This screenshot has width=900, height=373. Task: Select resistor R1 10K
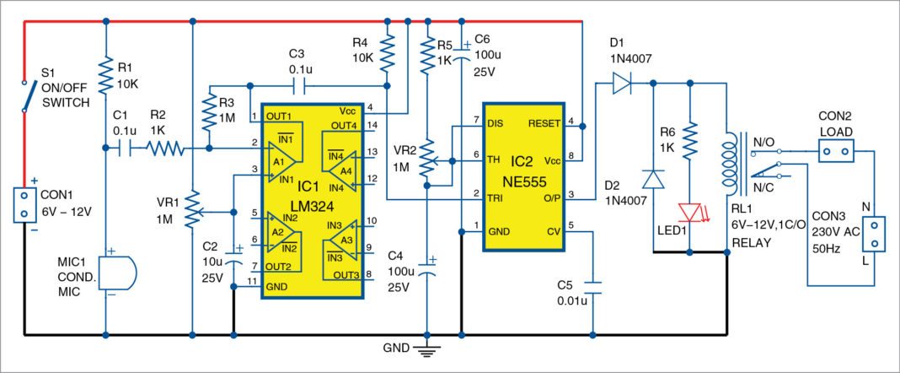(106, 77)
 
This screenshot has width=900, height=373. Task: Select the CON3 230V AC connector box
(877, 233)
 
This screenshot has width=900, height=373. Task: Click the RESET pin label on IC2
(545, 123)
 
